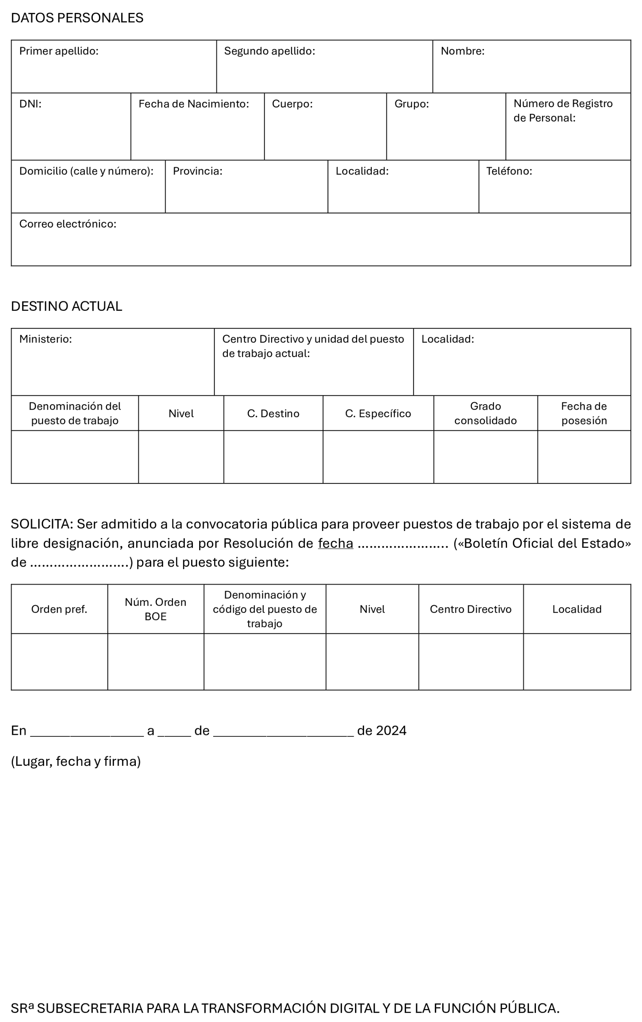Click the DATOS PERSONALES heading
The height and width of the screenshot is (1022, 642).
(77, 18)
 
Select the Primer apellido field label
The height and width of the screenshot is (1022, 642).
(59, 51)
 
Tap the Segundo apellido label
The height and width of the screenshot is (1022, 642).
(269, 51)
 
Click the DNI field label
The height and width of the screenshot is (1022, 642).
(30, 104)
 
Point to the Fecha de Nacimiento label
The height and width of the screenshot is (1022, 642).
(194, 104)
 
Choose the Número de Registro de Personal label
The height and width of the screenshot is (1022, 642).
(562, 111)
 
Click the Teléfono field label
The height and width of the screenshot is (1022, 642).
(509, 171)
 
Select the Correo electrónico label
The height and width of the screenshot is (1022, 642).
(67, 224)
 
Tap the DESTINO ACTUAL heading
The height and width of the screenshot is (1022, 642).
(66, 306)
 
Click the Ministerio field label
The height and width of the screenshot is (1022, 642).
(45, 339)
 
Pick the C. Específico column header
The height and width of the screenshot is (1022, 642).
(378, 413)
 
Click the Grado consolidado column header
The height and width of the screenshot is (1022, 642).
(485, 413)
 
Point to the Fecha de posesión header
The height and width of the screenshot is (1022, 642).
(583, 413)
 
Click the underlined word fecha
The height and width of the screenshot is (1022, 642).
(335, 544)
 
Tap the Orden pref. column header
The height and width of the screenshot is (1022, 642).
(59, 609)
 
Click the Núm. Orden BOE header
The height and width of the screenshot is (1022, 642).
(155, 609)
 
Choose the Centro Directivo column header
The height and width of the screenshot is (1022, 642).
(470, 609)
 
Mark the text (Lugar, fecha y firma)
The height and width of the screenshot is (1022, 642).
(75, 761)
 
